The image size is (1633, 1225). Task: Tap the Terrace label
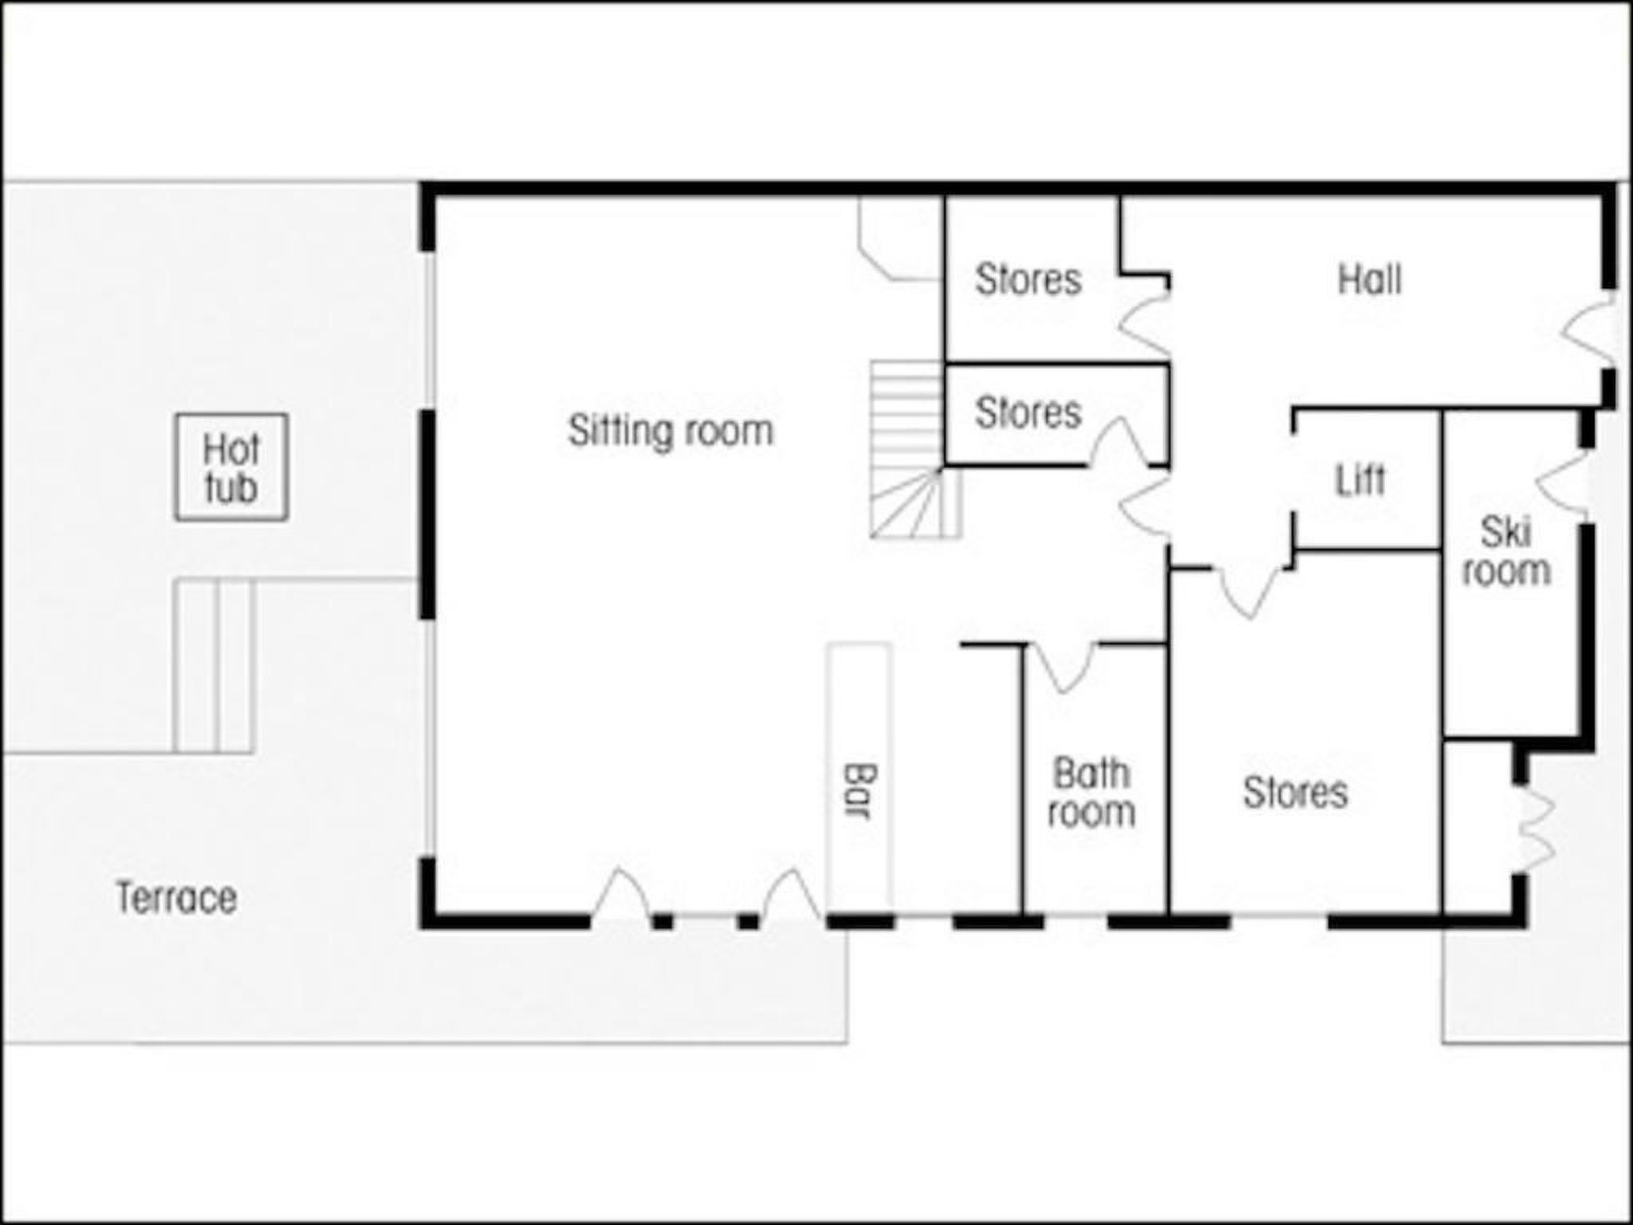176,898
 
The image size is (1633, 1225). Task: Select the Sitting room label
671,431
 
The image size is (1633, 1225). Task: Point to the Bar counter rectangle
860,777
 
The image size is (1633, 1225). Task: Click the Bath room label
1092,793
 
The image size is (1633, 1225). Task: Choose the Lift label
1360,479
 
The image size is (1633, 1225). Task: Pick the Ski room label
1506,552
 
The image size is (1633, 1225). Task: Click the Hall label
1369,280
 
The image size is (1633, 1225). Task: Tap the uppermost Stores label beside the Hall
1029,279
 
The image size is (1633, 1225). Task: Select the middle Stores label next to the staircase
1029,412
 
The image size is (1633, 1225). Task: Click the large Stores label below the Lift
1296,792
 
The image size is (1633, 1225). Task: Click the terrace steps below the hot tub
214,666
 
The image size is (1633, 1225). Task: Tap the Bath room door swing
1063,667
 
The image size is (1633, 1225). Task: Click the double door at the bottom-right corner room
1534,829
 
